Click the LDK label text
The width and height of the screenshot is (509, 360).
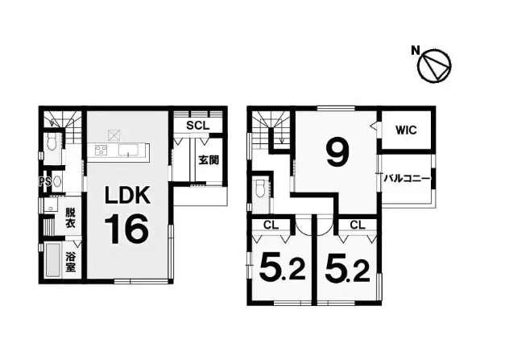coord(127,195)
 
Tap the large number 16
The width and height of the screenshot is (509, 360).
coord(126,229)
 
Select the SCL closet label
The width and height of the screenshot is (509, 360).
coord(197,126)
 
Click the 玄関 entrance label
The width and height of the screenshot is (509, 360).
coord(209,159)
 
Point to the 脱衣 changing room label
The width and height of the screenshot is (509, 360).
coord(70,217)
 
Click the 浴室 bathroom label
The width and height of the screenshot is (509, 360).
coord(70,262)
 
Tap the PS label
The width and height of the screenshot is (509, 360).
coord(45,182)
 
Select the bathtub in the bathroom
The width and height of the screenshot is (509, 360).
coord(53,261)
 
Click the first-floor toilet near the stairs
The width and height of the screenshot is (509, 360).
coord(52,142)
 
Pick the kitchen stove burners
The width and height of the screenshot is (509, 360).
coord(101,151)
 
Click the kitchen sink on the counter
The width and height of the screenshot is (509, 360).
coord(129,151)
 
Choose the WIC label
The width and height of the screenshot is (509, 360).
coord(406,130)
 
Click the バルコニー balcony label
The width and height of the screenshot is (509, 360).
coord(407,179)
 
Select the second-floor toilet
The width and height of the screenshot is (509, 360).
coord(261,188)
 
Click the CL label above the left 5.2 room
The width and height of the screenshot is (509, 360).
coord(271,225)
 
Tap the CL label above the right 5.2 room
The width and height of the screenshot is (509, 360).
coord(358,225)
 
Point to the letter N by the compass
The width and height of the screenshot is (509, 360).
coord(415,51)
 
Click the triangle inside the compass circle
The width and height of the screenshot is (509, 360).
coord(437,67)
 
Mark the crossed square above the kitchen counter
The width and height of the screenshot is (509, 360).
coord(114,135)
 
